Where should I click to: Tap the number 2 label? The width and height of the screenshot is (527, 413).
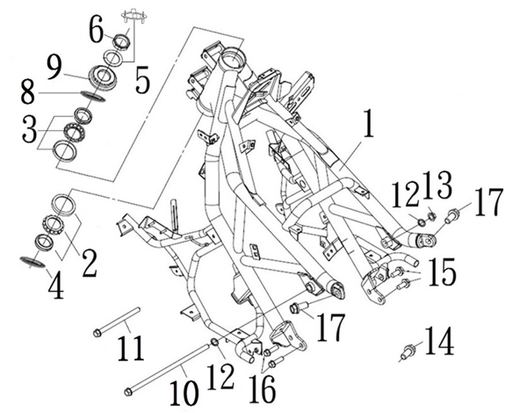tap(88, 261)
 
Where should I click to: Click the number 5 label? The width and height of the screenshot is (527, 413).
tap(142, 82)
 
